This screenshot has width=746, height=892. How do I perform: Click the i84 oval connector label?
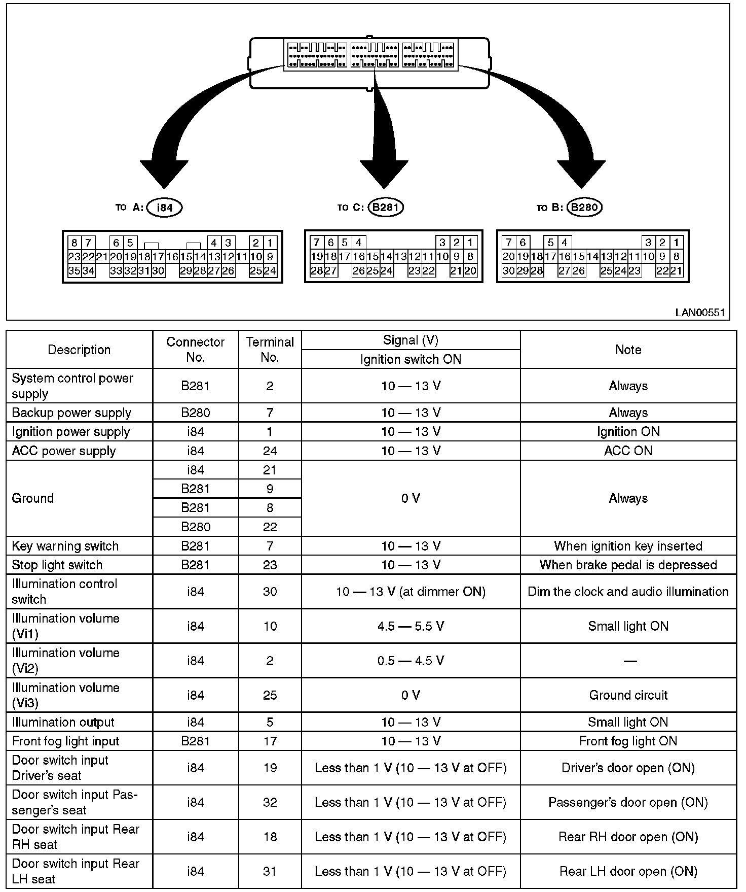[164, 208]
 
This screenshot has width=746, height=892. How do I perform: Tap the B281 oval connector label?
[386, 207]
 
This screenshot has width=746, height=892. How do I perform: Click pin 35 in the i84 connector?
[74, 271]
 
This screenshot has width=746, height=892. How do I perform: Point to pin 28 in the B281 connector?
[317, 271]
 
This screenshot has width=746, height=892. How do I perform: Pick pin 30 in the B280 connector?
[508, 271]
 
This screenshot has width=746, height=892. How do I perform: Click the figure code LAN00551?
[700, 313]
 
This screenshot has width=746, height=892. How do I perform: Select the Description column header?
[79, 350]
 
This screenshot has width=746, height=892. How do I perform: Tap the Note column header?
[628, 350]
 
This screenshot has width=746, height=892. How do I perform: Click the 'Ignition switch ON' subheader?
[411, 359]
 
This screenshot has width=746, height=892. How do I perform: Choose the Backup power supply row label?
[71, 413]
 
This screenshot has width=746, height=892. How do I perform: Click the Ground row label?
[32, 498]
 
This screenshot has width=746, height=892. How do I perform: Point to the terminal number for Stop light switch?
[270, 565]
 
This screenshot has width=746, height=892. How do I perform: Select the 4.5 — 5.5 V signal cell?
[411, 626]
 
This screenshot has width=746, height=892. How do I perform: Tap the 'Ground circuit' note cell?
[628, 695]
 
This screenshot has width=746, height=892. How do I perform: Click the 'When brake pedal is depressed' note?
[628, 565]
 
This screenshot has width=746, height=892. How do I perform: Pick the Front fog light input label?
[65, 741]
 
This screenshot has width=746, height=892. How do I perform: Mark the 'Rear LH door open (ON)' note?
[628, 871]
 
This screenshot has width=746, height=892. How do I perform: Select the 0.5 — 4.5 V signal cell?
[411, 661]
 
